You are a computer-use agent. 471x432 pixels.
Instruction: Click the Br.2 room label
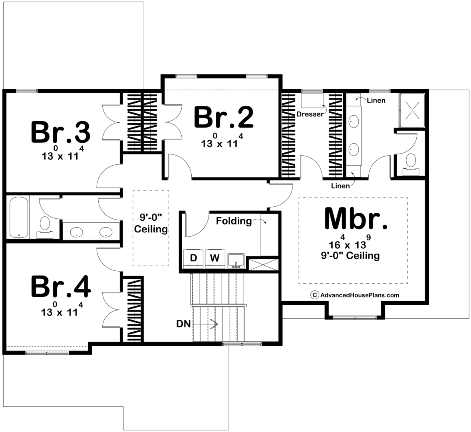pyautogui.click(x=224, y=117)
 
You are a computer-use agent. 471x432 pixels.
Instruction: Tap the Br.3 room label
pyautogui.click(x=61, y=132)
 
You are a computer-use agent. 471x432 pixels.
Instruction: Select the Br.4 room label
pyautogui.click(x=61, y=287)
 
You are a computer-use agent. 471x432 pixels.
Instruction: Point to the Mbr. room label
pyautogui.click(x=356, y=218)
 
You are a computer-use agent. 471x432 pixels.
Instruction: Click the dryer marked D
pyautogui.click(x=193, y=258)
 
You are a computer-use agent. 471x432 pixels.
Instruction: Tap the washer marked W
pyautogui.click(x=215, y=258)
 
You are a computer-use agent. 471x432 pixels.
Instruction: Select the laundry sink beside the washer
pyautogui.click(x=236, y=260)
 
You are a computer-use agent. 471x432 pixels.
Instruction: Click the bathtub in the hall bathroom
pyautogui.click(x=19, y=217)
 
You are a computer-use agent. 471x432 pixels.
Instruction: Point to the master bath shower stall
pyautogui.click(x=412, y=110)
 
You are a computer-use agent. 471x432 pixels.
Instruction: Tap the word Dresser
pyautogui.click(x=310, y=114)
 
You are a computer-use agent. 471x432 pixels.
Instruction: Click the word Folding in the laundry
pyautogui.click(x=234, y=222)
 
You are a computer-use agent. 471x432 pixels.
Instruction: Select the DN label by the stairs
pyautogui.click(x=183, y=324)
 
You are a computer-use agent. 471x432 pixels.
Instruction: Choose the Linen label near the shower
pyautogui.click(x=376, y=100)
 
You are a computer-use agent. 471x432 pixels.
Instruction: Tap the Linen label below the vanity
pyautogui.click(x=340, y=186)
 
